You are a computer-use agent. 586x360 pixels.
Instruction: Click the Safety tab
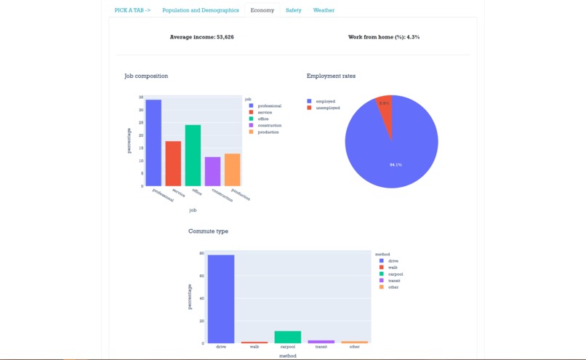click(x=293, y=11)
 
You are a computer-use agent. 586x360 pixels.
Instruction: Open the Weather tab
click(x=324, y=11)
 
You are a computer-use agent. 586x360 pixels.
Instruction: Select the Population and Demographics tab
click(x=200, y=11)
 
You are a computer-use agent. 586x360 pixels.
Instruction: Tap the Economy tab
click(x=262, y=11)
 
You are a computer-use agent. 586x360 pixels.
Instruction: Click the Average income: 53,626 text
click(x=201, y=37)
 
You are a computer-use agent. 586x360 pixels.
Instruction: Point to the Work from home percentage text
click(x=383, y=37)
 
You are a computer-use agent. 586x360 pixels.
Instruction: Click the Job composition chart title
click(x=146, y=76)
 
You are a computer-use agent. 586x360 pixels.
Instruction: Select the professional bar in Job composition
click(x=153, y=143)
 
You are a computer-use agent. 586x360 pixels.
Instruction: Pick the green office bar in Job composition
click(x=193, y=156)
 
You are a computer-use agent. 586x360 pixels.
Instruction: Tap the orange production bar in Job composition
click(x=232, y=169)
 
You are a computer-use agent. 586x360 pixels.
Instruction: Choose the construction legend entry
click(x=269, y=126)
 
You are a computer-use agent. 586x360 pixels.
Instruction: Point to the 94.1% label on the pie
click(x=396, y=165)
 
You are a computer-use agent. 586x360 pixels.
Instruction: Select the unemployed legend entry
click(x=327, y=108)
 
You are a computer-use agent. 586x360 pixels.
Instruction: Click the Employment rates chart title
click(x=331, y=76)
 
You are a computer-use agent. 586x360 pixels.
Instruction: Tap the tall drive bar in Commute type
click(x=221, y=299)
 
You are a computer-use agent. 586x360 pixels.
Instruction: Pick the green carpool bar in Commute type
click(x=287, y=337)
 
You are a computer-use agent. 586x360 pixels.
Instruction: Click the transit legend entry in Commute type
click(x=394, y=281)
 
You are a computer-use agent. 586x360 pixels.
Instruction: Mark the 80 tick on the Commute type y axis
click(x=201, y=253)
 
